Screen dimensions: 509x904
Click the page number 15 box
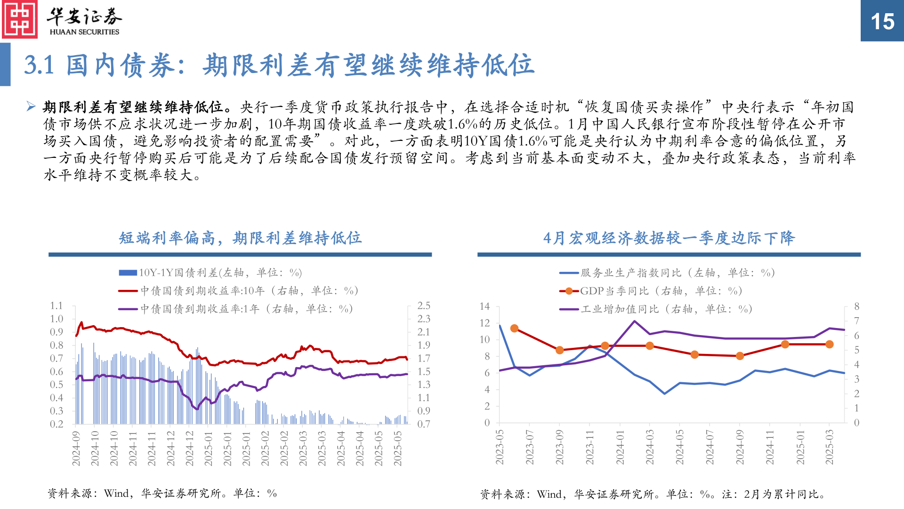tap(882, 21)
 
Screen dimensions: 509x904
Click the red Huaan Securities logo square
tap(19, 19)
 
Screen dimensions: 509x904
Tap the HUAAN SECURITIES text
tap(84, 32)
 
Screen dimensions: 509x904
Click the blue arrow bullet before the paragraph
tap(31, 107)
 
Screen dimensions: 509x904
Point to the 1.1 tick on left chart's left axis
tap(56, 305)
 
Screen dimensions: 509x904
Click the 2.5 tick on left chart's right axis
tap(424, 305)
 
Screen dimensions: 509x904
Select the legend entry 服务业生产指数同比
tap(667, 273)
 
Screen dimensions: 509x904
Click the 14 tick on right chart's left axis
tap(484, 306)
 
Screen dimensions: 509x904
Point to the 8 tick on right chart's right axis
tap(857, 306)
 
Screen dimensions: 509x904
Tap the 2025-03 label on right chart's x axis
tap(830, 447)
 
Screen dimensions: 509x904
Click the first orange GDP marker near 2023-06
tap(514, 328)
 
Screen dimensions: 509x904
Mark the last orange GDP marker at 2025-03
tap(830, 345)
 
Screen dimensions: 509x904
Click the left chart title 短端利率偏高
tap(240, 238)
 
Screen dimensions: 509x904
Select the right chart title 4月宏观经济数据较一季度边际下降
tap(669, 238)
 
